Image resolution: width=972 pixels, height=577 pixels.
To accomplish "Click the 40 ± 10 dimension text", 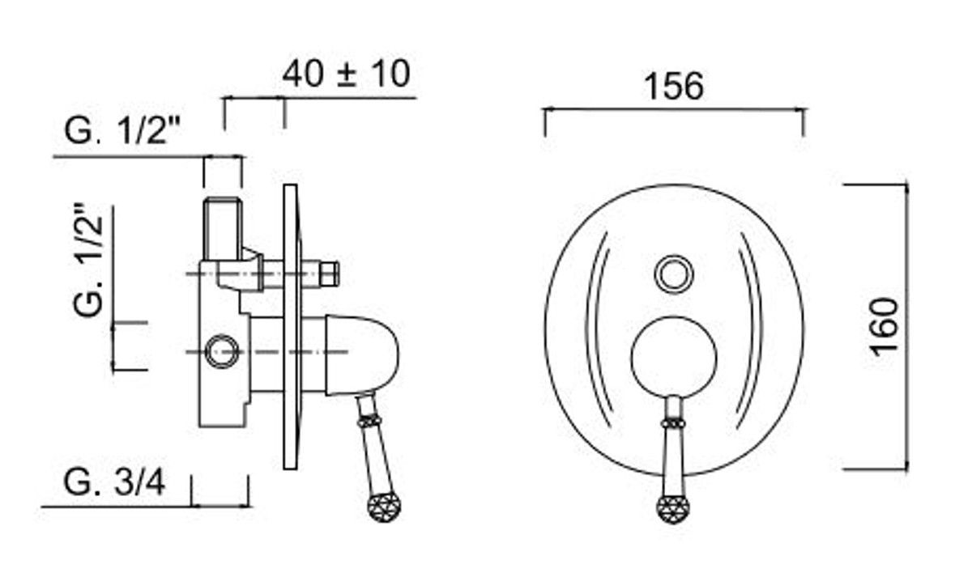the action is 347,74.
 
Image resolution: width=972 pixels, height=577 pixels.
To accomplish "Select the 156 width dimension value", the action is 674,87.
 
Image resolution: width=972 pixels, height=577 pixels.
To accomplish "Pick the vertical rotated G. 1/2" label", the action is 88,260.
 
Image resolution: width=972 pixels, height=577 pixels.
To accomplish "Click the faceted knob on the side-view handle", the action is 385,507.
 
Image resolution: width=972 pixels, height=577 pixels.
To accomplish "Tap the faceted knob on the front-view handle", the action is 673,508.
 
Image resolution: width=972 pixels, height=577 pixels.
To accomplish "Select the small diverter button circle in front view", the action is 674,274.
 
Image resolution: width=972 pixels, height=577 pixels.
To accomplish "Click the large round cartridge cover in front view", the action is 674,358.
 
